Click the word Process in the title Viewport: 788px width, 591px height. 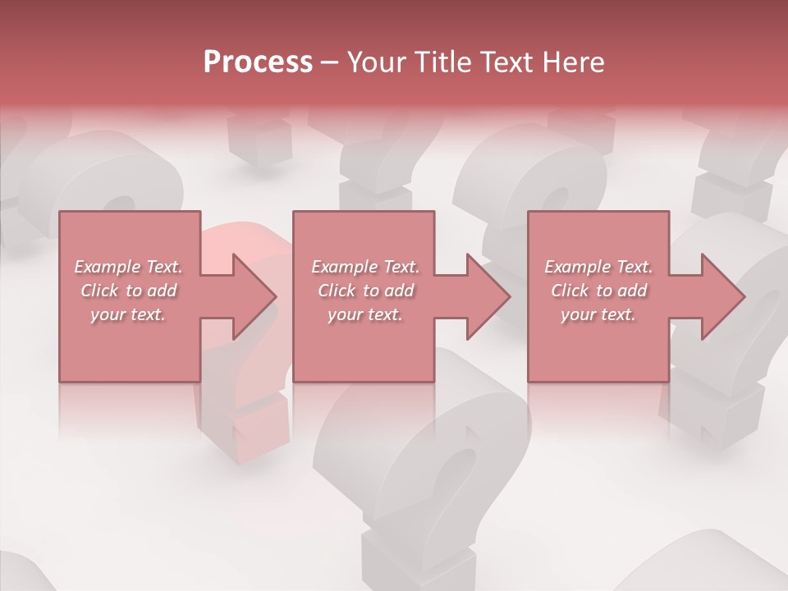click(258, 62)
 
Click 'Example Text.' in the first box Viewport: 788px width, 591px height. click(128, 267)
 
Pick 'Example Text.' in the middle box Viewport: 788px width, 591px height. click(365, 267)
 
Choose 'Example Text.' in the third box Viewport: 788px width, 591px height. click(598, 267)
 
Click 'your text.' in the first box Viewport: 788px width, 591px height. click(128, 314)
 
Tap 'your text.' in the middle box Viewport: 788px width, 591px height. click(365, 314)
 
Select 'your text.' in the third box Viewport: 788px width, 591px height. click(598, 314)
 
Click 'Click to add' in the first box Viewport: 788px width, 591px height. click(128, 291)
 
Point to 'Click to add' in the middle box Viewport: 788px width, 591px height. click(365, 291)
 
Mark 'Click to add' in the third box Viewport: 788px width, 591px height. click(598, 291)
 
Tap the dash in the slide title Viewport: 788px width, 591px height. click(329, 63)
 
